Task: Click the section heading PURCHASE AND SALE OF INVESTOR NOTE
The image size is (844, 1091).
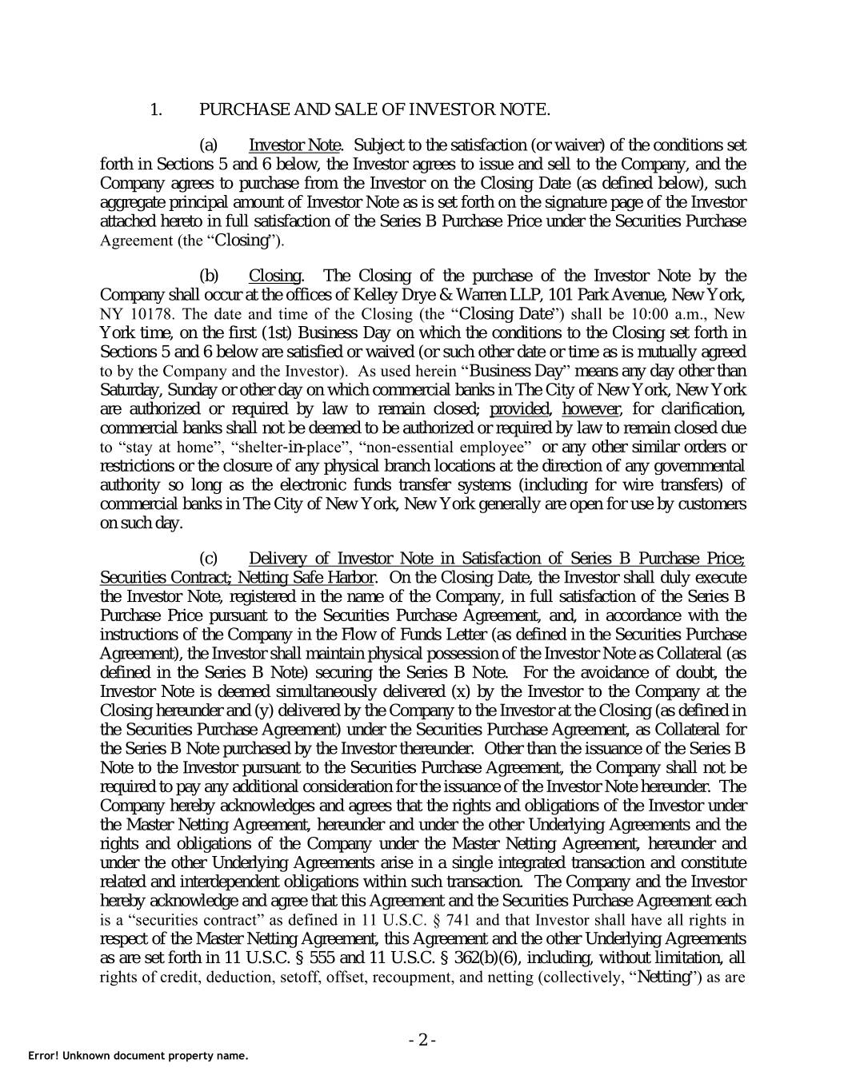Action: click(374, 109)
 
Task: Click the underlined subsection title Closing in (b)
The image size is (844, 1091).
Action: click(275, 277)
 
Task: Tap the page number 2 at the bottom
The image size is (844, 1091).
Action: click(422, 1040)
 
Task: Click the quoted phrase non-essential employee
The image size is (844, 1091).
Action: click(446, 448)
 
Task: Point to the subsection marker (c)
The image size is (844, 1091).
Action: click(208, 559)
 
